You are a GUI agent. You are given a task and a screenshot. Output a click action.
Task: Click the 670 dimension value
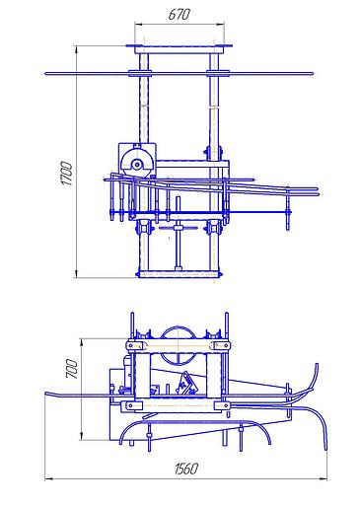(180, 14)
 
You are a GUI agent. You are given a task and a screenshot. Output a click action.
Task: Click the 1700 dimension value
(67, 174)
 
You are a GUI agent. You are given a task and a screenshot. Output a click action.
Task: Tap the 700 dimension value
(72, 369)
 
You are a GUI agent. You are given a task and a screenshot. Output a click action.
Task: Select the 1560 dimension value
(186, 469)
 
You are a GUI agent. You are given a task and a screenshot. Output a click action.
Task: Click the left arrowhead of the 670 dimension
(139, 24)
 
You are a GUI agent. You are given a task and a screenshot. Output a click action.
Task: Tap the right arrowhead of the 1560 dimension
(323, 479)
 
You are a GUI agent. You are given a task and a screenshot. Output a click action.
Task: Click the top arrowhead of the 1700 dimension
(77, 50)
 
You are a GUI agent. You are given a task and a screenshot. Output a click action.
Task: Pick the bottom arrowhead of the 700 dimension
(82, 436)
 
